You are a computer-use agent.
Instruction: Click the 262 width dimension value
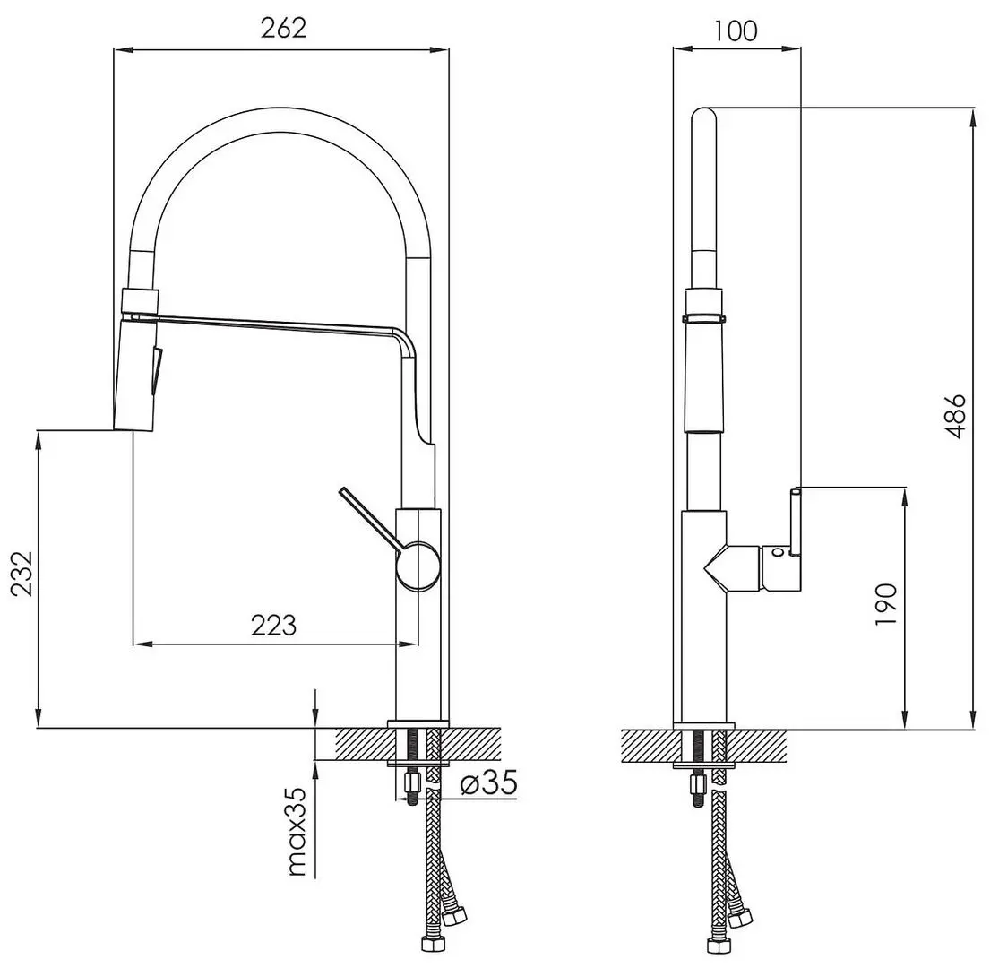(283, 28)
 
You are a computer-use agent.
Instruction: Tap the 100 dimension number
(736, 30)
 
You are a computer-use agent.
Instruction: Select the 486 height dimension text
(956, 416)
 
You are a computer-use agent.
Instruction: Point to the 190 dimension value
(886, 603)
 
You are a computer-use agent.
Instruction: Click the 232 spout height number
(22, 573)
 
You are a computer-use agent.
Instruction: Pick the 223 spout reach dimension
(274, 625)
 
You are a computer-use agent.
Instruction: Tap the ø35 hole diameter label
(488, 782)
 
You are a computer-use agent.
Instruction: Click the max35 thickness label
(297, 832)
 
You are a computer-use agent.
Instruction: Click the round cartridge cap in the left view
(418, 566)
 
